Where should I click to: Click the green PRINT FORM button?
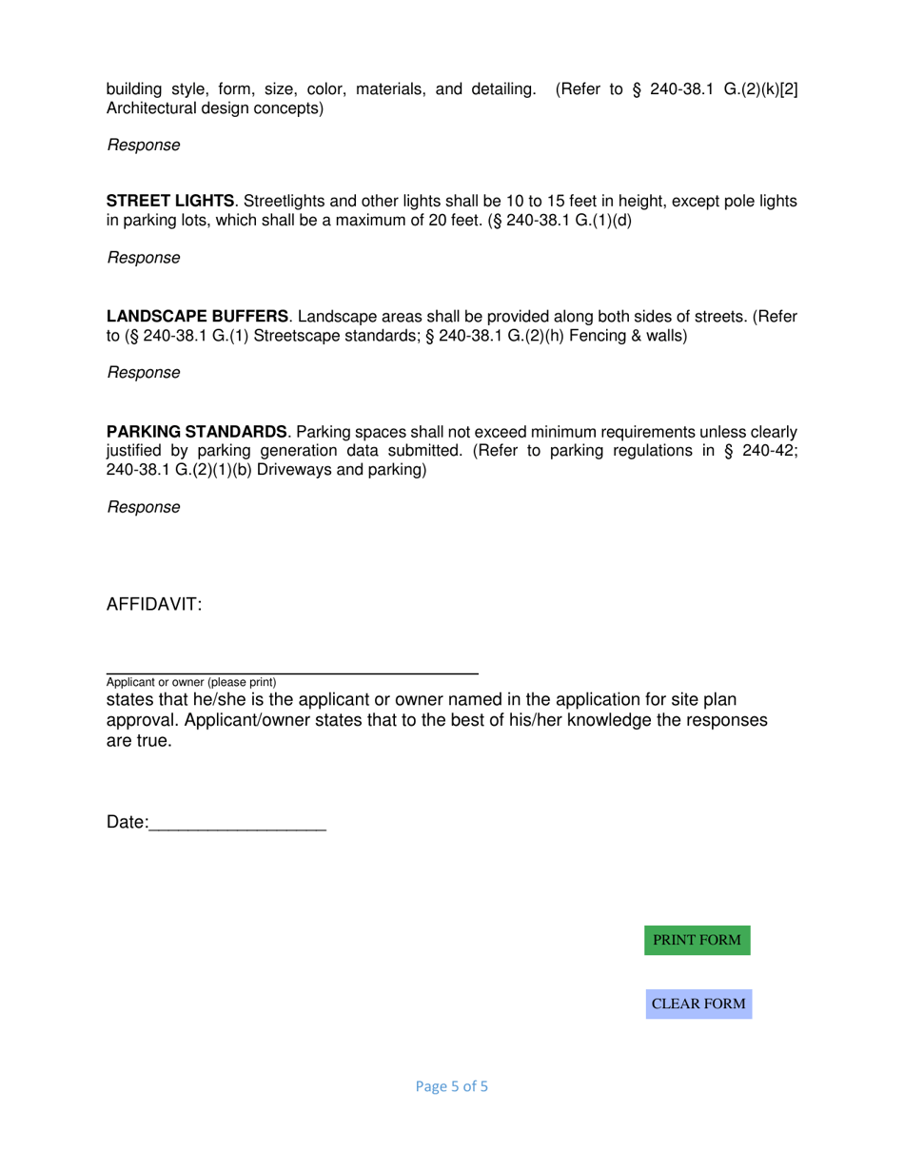(697, 940)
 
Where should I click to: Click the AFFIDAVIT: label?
(154, 606)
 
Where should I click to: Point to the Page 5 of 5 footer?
(452, 1085)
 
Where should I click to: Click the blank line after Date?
(238, 824)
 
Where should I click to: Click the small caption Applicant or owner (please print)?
(191, 682)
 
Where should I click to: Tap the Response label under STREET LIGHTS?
(144, 258)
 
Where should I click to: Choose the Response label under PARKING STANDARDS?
(144, 507)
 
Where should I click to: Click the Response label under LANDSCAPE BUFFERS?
(144, 373)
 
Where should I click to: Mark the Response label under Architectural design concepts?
(144, 145)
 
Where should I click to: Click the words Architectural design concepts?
(215, 108)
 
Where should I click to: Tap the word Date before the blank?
(125, 824)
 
